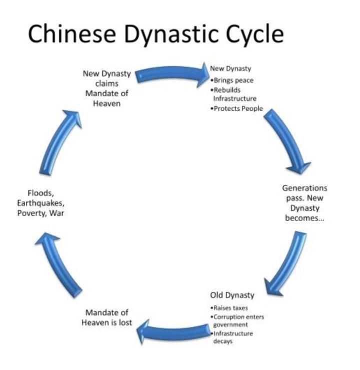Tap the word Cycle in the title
pyautogui.click(x=255, y=34)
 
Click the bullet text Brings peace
pyautogui.click(x=233, y=81)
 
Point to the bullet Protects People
pyautogui.click(x=237, y=109)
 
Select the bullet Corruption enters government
pyautogui.click(x=238, y=321)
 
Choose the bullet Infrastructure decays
pyautogui.click(x=233, y=337)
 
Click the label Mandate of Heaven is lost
pyautogui.click(x=106, y=317)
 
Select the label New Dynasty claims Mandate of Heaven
pyautogui.click(x=106, y=88)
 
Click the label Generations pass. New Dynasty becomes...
pyautogui.click(x=304, y=203)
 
